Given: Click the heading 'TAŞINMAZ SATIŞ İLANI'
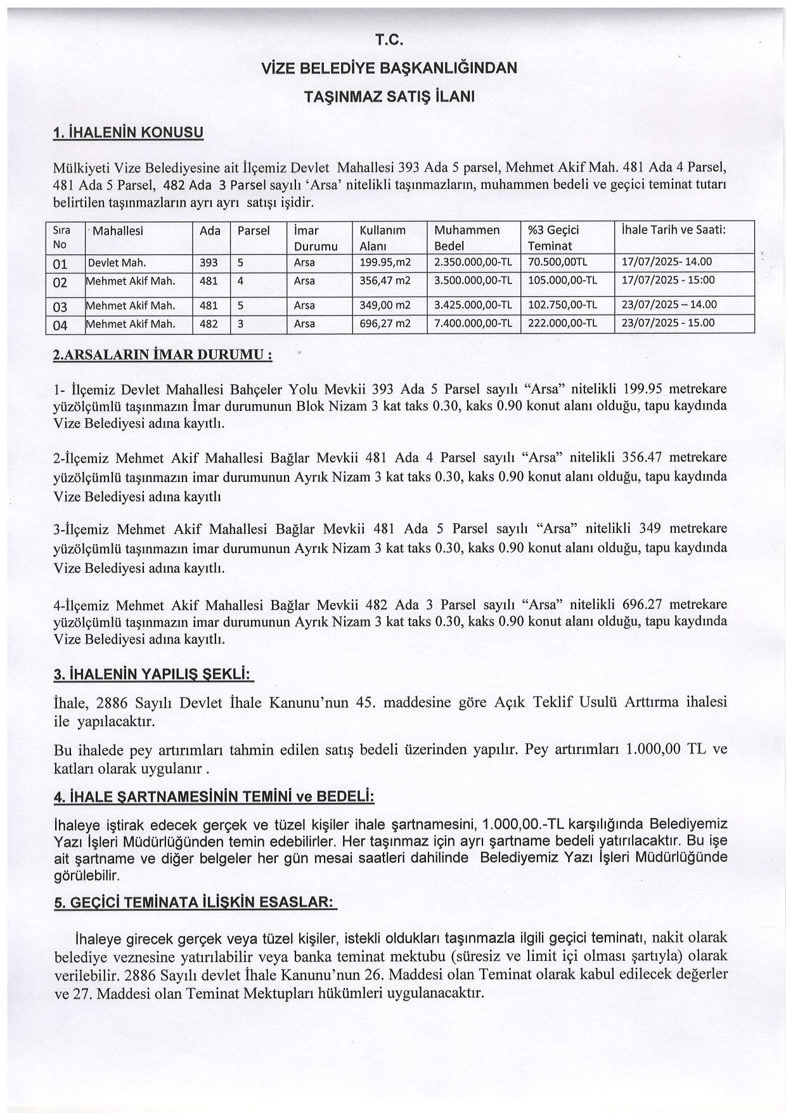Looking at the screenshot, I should (389, 96).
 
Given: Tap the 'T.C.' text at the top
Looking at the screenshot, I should (389, 40).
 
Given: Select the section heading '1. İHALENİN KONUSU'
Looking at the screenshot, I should (129, 132).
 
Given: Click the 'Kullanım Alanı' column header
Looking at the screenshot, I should (382, 238).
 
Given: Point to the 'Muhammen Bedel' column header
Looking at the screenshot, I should (467, 238).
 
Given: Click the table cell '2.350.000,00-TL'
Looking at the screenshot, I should (473, 262).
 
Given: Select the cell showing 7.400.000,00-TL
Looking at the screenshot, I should (473, 323).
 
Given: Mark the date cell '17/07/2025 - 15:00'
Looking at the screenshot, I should (667, 280).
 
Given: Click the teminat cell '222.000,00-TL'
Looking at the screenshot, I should (562, 323).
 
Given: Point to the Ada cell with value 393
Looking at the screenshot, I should (209, 262).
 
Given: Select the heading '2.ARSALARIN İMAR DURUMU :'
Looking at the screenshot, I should (163, 355).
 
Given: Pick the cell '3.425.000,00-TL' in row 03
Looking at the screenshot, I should (473, 305).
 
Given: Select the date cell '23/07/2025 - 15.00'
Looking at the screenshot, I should (667, 323).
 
